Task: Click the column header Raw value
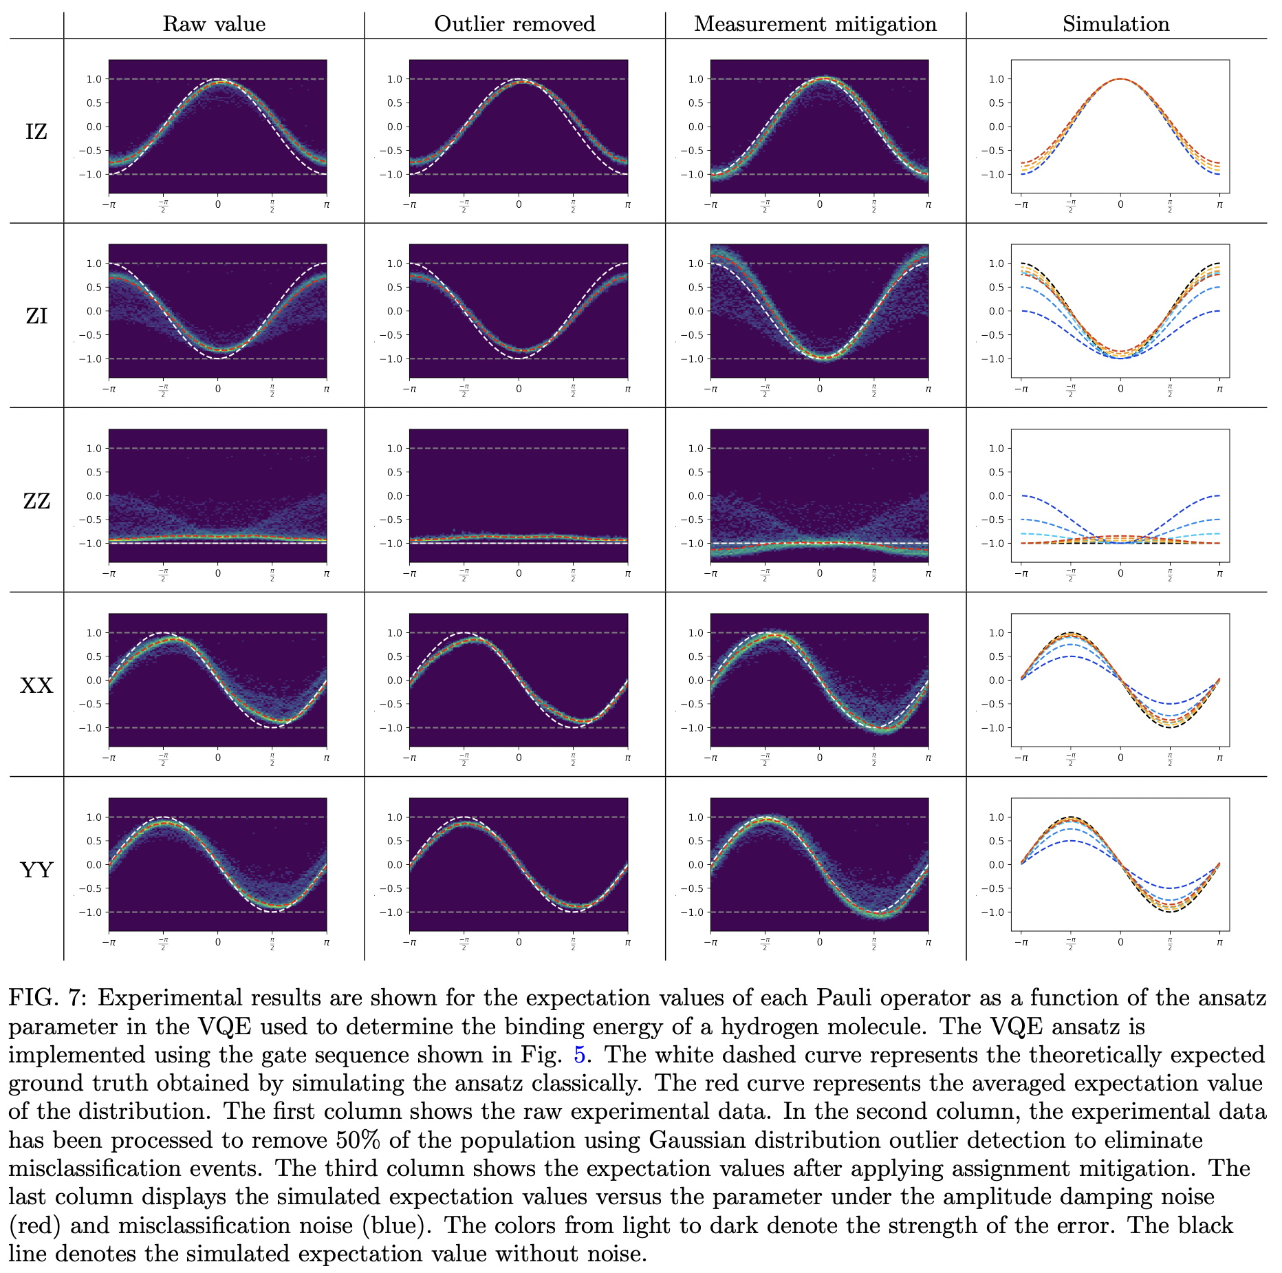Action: click(214, 24)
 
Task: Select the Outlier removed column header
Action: click(514, 24)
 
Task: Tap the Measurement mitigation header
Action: click(815, 24)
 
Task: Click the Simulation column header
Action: click(1116, 24)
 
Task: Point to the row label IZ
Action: click(36, 131)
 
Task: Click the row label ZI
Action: click(36, 316)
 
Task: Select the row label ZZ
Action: click(36, 501)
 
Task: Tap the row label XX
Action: click(36, 685)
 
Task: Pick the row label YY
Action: click(36, 870)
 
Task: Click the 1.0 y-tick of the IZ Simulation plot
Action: click(996, 79)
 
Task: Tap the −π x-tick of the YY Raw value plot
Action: click(109, 943)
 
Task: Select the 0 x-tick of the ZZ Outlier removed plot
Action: click(519, 573)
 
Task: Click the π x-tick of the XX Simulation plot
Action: click(1219, 758)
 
